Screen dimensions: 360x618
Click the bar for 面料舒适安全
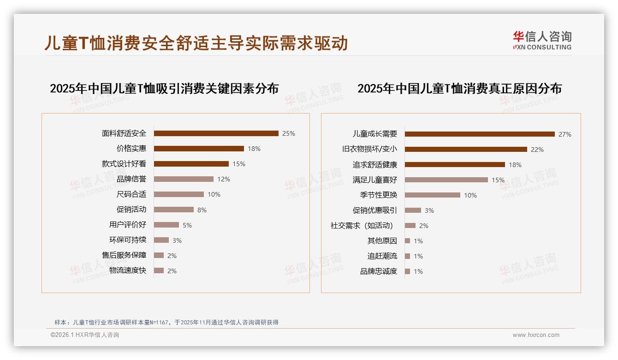coord(216,133)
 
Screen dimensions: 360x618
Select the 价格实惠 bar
coord(199,149)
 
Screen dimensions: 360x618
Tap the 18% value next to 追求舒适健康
coord(515,165)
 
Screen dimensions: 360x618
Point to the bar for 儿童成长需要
coord(480,134)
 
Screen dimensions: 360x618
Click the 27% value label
coord(565,134)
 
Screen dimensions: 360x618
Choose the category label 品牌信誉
coord(131,179)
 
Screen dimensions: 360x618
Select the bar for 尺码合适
coord(179,194)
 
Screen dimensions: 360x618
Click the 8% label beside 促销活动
coord(202,210)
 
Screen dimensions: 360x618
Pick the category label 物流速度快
coord(128,270)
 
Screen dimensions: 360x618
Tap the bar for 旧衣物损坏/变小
coord(466,150)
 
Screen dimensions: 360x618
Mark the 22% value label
coord(537,150)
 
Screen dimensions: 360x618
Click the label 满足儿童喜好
coord(375,180)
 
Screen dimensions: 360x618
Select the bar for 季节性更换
coord(433,195)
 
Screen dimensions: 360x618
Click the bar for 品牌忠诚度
coord(407,271)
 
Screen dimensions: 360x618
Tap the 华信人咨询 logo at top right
coord(542,41)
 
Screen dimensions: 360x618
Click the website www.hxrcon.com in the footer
coord(536,335)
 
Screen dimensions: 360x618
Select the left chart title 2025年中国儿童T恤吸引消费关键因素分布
coord(164,89)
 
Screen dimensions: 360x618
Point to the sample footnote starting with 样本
coord(166,322)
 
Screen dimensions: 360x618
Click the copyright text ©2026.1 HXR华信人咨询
coord(85,335)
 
